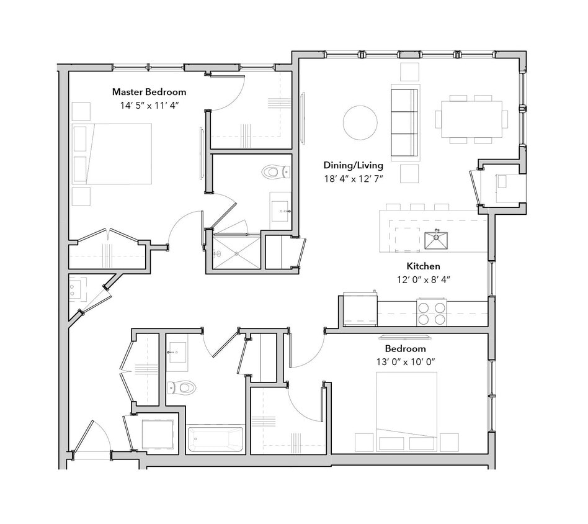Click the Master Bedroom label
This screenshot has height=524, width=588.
click(149, 92)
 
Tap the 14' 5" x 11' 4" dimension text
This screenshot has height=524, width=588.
click(149, 106)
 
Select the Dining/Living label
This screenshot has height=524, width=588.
click(353, 165)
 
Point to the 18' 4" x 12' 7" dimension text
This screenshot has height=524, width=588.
click(353, 179)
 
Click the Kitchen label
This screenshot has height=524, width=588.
click(423, 266)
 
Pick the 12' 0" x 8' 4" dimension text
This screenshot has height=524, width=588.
click(423, 279)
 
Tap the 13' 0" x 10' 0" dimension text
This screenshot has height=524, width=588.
click(405, 362)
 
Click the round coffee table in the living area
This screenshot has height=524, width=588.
click(360, 122)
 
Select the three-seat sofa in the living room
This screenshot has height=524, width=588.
click(405, 122)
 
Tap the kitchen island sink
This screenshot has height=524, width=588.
click(437, 240)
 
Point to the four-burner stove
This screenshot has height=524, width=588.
click(432, 312)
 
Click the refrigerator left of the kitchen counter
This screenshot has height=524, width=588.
click(360, 309)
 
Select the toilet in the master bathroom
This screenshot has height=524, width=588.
click(275, 171)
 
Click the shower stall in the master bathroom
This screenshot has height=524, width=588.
click(236, 251)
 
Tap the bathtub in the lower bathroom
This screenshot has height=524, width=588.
click(216, 440)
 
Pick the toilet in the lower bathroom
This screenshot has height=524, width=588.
click(183, 388)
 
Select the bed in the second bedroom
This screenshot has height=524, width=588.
click(406, 404)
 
